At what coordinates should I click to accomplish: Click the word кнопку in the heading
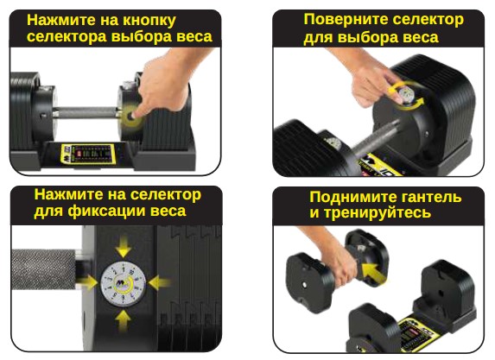[149, 21]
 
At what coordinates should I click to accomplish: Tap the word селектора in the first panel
[67, 36]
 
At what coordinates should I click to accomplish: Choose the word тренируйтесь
[378, 212]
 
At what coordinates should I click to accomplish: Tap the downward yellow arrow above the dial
[124, 246]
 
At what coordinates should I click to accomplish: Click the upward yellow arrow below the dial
[124, 320]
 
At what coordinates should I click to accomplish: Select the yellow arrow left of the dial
[87, 282]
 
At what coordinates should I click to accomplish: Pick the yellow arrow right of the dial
[159, 282]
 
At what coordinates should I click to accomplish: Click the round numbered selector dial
[124, 283]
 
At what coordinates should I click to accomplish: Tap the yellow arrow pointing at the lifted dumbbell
[373, 273]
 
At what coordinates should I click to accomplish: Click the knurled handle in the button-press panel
[86, 113]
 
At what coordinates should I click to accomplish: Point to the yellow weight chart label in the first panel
[87, 154]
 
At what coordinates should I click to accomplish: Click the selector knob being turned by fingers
[406, 95]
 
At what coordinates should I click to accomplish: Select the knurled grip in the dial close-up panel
[44, 269]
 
